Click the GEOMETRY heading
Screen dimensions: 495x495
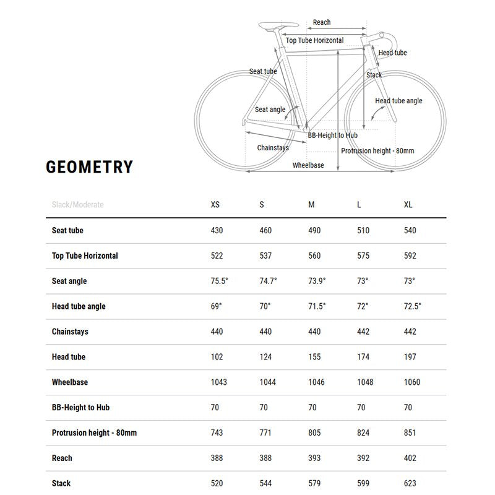(x=90, y=168)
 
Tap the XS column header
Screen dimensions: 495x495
(x=215, y=205)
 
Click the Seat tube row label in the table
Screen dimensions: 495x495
(x=67, y=230)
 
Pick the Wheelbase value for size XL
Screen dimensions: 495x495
(x=412, y=382)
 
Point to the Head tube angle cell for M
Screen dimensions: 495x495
(x=317, y=306)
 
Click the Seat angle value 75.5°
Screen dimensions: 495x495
(x=220, y=281)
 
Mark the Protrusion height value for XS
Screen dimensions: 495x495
(x=217, y=433)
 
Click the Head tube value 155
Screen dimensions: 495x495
(x=314, y=357)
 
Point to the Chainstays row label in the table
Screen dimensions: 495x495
(x=70, y=332)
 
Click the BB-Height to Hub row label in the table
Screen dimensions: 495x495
(x=81, y=408)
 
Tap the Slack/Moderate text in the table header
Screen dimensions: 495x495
(x=78, y=205)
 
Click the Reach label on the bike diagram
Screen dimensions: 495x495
(x=322, y=22)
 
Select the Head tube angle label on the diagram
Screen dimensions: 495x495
(x=398, y=101)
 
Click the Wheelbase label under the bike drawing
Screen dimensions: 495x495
(x=308, y=165)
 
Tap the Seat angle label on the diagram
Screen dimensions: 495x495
(x=270, y=110)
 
